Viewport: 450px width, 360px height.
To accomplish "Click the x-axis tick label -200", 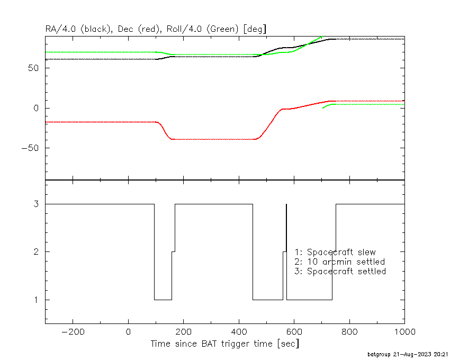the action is (x=73, y=332).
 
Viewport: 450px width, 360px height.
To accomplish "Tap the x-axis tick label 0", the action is (x=128, y=332).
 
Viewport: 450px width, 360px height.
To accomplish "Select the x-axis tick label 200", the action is (x=183, y=332).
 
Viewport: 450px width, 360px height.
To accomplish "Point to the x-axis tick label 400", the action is (x=239, y=332).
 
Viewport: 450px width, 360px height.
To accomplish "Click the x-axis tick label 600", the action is (x=294, y=332).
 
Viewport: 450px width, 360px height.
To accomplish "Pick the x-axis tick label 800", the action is (x=349, y=332).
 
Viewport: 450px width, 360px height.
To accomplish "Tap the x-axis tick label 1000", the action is (x=404, y=332).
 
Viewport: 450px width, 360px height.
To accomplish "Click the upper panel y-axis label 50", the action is (x=33, y=68).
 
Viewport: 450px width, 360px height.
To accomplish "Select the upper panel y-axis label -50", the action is (x=30, y=148).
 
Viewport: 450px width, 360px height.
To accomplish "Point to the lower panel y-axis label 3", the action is (x=36, y=204).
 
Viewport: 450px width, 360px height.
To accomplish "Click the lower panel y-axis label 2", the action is (x=36, y=252).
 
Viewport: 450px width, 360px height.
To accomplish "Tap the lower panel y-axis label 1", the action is (x=36, y=300).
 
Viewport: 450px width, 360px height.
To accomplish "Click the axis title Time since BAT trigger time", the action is (x=212, y=344).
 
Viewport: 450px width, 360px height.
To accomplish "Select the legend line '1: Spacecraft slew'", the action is (x=335, y=252).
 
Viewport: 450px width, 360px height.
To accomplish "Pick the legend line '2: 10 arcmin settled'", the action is (x=340, y=262).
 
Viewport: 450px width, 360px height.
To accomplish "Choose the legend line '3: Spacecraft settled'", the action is (x=340, y=271).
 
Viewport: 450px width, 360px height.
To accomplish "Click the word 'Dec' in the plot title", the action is (x=125, y=29).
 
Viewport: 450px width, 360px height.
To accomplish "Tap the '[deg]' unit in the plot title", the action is (x=255, y=29).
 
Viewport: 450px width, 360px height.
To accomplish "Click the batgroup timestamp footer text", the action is (x=408, y=354).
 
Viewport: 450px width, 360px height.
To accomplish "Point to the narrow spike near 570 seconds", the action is (x=286, y=252).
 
